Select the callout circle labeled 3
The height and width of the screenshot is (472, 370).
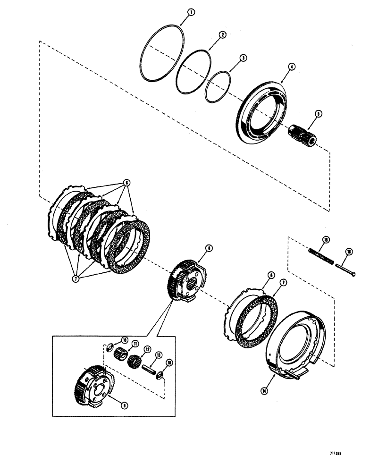243,58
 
